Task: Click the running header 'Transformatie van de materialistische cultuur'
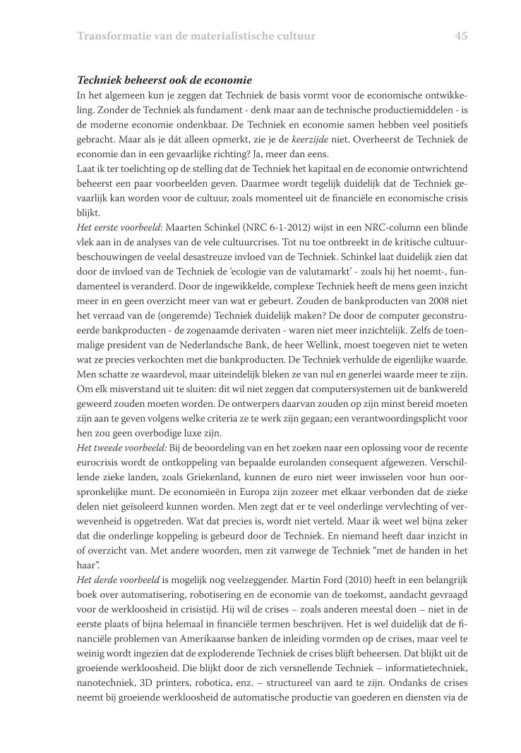coord(196,36)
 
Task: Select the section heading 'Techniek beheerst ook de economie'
coord(164,80)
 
